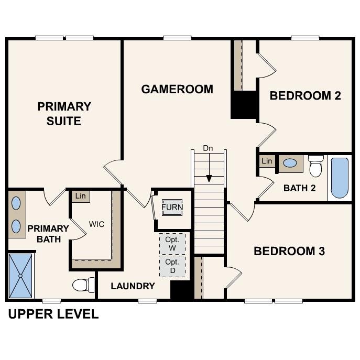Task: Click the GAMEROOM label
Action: click(177, 89)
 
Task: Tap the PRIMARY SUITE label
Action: click(64, 114)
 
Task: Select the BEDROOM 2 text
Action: click(305, 95)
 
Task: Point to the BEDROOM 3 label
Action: click(289, 251)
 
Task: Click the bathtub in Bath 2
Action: click(339, 178)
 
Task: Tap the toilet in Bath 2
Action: click(315, 166)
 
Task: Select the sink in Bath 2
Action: click(290, 163)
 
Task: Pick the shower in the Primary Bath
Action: click(21, 275)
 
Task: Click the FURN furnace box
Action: click(172, 207)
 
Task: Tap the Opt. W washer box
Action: click(172, 244)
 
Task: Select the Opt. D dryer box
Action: click(172, 266)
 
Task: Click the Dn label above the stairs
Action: click(208, 148)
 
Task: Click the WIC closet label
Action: click(96, 224)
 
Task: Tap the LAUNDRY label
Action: click(133, 286)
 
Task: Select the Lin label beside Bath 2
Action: click(267, 161)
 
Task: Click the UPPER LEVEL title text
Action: click(53, 314)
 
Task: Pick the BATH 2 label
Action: click(299, 188)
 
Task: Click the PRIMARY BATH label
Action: click(48, 234)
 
